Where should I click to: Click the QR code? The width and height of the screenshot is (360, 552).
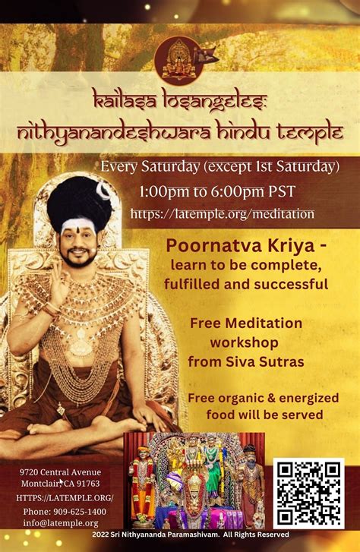(x=309, y=494)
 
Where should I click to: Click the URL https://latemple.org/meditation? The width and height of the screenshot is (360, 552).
(x=223, y=213)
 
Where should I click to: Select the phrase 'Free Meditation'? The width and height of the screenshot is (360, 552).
(x=246, y=323)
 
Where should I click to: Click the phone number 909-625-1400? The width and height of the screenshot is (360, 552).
(x=80, y=511)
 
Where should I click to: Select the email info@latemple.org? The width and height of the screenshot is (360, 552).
(x=61, y=523)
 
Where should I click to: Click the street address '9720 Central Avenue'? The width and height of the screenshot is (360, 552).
(x=60, y=472)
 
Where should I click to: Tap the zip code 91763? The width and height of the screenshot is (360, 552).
(x=88, y=484)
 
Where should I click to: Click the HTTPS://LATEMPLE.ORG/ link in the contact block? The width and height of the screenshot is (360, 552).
(x=65, y=498)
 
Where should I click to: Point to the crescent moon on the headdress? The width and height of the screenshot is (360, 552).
(x=103, y=191)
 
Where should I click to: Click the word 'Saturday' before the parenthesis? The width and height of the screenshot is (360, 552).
(x=170, y=167)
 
